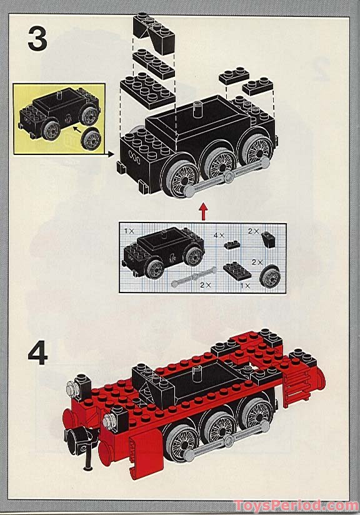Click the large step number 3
(x=37, y=39)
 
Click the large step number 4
(x=37, y=354)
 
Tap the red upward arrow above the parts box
(x=202, y=211)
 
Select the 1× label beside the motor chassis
(x=129, y=231)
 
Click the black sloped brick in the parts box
(x=267, y=239)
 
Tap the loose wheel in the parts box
(x=270, y=277)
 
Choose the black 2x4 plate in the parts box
(x=236, y=269)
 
